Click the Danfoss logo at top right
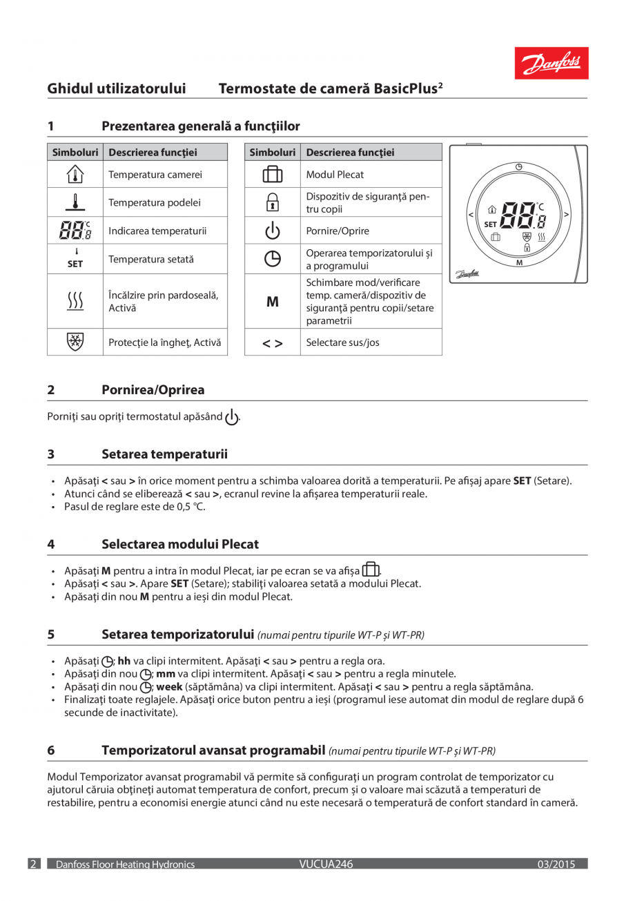551,64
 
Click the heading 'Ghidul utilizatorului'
117,89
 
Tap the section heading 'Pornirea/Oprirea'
153,390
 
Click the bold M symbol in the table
273,302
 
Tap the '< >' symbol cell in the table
273,342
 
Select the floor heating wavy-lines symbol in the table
75,302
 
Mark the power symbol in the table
273,231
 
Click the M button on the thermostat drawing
519,262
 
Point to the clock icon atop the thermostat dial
519,166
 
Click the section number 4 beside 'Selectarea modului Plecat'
51,544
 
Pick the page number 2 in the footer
33,864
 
